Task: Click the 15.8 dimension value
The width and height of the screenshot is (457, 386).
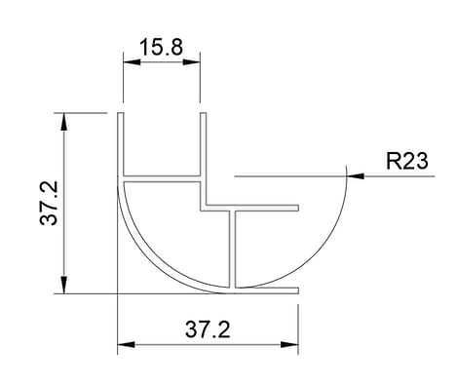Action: pyautogui.click(x=161, y=47)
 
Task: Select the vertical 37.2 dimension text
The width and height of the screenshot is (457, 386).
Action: pyautogui.click(x=45, y=203)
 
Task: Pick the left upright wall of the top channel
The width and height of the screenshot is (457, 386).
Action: pyautogui.click(x=121, y=146)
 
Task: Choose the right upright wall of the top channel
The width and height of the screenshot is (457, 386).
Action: pyautogui.click(x=203, y=146)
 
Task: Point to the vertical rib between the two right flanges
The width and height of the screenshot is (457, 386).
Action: pyautogui.click(x=235, y=249)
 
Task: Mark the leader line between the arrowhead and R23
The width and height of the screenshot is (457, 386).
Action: pyautogui.click(x=374, y=176)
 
